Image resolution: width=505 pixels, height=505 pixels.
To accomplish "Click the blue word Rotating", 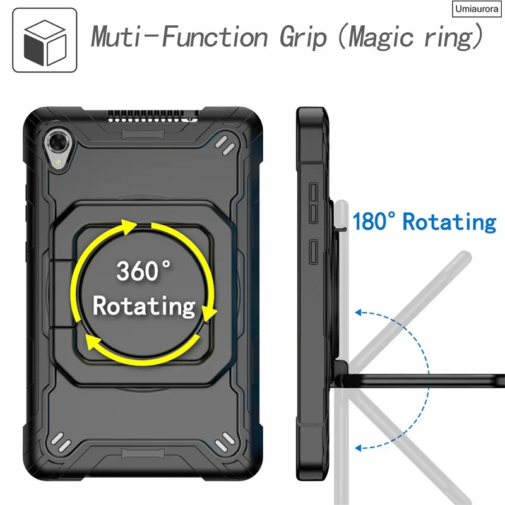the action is [x=450, y=222].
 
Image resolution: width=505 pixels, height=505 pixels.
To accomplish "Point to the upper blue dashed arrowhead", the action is [x=359, y=311].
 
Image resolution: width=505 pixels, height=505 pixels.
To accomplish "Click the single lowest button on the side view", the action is [x=314, y=247].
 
